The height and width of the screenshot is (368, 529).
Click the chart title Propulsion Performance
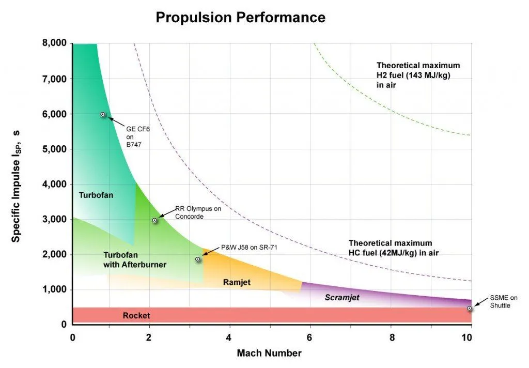(240, 17)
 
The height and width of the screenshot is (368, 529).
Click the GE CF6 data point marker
(103, 114)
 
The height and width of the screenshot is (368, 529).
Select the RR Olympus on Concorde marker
(154, 220)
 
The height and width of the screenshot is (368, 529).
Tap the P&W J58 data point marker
(198, 259)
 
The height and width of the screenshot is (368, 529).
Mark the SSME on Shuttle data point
(469, 308)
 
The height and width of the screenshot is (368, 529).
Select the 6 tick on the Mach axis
(309, 338)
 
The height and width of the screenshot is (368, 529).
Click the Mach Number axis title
(269, 354)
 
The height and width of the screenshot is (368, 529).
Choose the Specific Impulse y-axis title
(17, 185)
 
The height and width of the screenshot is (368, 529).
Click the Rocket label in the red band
(136, 315)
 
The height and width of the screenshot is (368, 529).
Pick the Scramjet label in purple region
(341, 298)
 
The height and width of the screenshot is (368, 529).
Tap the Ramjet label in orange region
(237, 282)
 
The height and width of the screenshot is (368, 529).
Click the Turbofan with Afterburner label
(135, 259)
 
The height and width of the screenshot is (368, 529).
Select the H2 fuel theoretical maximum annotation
(418, 75)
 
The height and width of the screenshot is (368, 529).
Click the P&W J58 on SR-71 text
(249, 248)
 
